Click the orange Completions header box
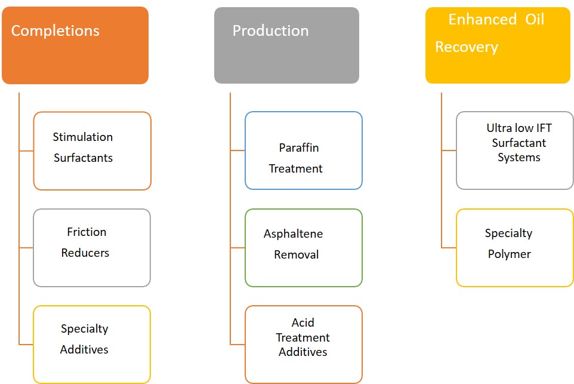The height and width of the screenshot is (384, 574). point(75,45)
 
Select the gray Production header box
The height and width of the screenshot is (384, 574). point(286,45)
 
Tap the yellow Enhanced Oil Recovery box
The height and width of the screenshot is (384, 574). point(498,45)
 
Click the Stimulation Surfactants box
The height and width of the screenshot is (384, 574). point(92,151)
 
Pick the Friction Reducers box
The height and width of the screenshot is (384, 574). point(92,248)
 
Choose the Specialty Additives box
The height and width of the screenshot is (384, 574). point(92,345)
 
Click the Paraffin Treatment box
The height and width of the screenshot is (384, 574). point(304,150)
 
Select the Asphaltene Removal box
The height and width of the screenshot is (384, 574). point(304,248)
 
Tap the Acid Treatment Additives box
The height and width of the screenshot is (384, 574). point(304,345)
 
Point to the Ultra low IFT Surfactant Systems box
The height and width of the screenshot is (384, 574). point(515,150)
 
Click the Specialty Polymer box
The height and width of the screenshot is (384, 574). point(515,248)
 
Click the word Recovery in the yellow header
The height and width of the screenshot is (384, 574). point(467,47)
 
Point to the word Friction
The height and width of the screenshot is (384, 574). point(87,232)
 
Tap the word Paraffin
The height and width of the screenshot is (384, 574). point(299,148)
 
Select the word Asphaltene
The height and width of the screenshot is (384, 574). point(293,234)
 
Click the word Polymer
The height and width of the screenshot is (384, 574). point(509,254)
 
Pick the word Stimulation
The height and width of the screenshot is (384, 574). point(83,137)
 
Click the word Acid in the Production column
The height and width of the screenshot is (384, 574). point(303,322)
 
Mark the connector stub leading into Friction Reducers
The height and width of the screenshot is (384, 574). point(26,248)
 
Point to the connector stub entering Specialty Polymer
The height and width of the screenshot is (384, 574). point(449,248)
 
